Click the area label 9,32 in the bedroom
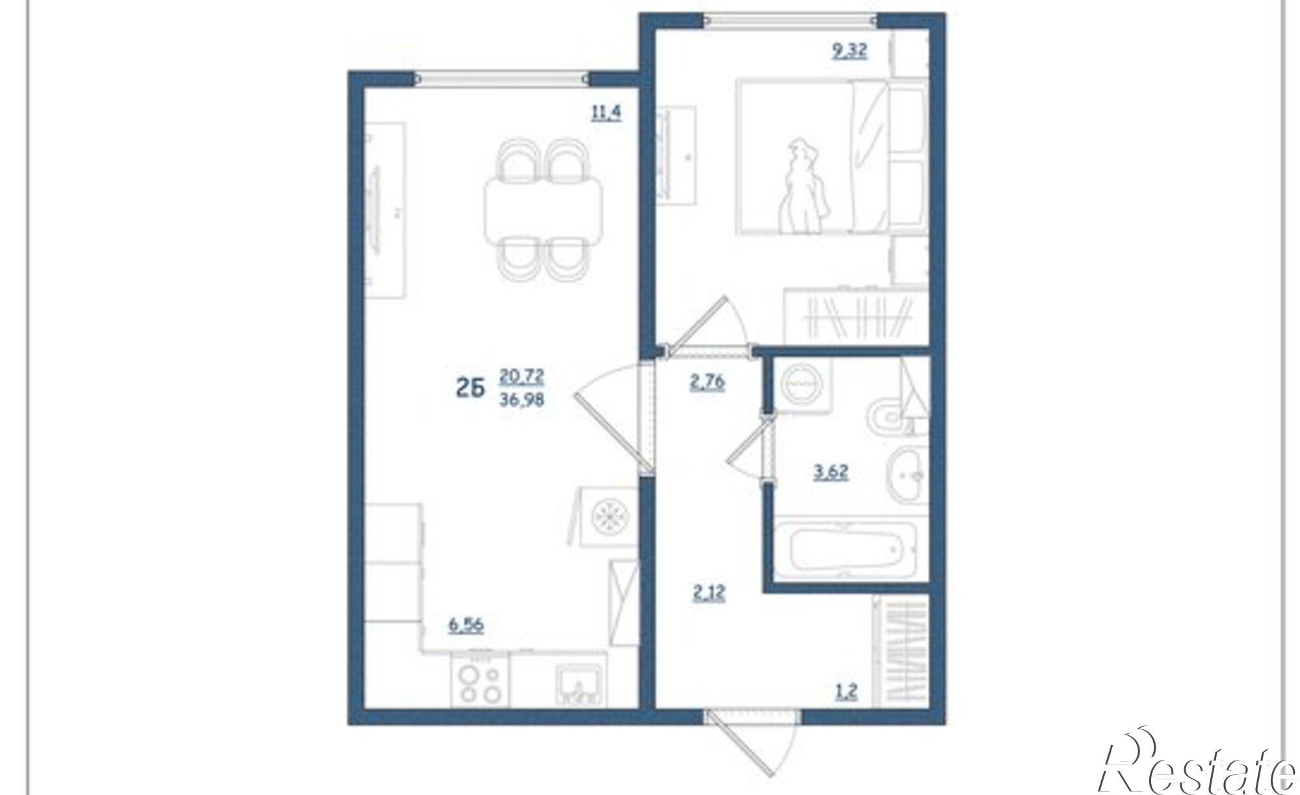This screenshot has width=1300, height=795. click(850, 51)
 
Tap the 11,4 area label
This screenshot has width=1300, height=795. click(606, 113)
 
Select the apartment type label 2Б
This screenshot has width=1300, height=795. click(471, 389)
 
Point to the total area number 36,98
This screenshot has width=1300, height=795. click(522, 399)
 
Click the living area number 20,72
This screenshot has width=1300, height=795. click(522, 376)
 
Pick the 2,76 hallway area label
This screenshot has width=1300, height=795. click(707, 382)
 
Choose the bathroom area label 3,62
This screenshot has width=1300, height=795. click(831, 471)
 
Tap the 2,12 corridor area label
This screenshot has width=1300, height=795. click(708, 593)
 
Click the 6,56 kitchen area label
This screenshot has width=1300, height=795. click(467, 625)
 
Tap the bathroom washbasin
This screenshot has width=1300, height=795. click(909, 475)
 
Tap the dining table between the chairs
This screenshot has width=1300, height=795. click(543, 209)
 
